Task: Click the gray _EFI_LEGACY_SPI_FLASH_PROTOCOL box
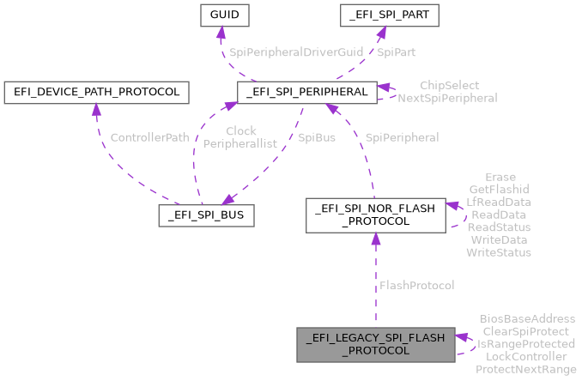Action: click(375, 345)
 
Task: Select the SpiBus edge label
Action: click(318, 137)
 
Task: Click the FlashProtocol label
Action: click(415, 285)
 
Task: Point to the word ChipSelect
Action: click(449, 86)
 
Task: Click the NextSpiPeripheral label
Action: click(447, 98)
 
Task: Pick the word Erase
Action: click(499, 178)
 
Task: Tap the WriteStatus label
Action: click(498, 252)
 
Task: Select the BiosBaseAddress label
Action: click(527, 318)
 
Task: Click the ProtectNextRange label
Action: click(526, 369)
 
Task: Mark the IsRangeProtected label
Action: click(526, 343)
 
